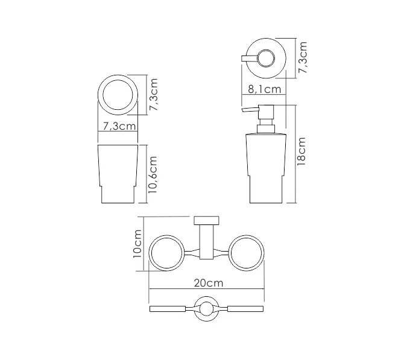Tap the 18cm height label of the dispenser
tap(301, 151)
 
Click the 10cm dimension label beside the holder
tap(138, 244)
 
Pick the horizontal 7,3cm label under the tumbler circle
tap(118, 126)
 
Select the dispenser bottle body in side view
tap(265, 169)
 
